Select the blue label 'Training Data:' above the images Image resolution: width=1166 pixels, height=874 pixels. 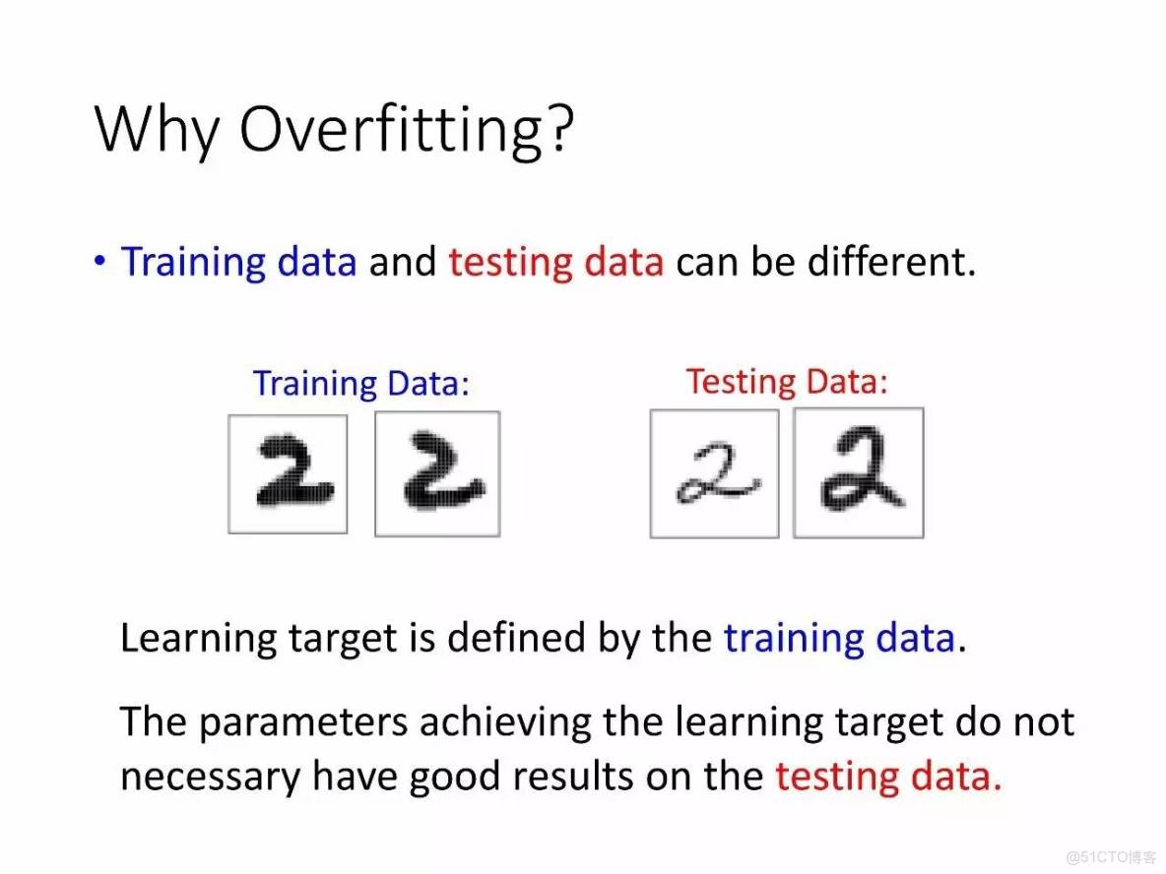click(361, 384)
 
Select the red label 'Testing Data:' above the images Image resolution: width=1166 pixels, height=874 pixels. click(787, 382)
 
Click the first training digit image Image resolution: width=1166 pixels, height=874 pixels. click(288, 474)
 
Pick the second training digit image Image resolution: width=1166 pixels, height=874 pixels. click(437, 474)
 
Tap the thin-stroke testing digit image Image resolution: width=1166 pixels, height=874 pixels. click(715, 473)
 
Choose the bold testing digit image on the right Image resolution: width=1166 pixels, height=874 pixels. click(859, 472)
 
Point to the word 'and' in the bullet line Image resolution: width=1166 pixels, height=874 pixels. click(403, 263)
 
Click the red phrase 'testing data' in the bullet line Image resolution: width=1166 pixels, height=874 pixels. click(555, 263)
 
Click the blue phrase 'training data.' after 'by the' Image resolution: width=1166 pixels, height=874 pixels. click(846, 639)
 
